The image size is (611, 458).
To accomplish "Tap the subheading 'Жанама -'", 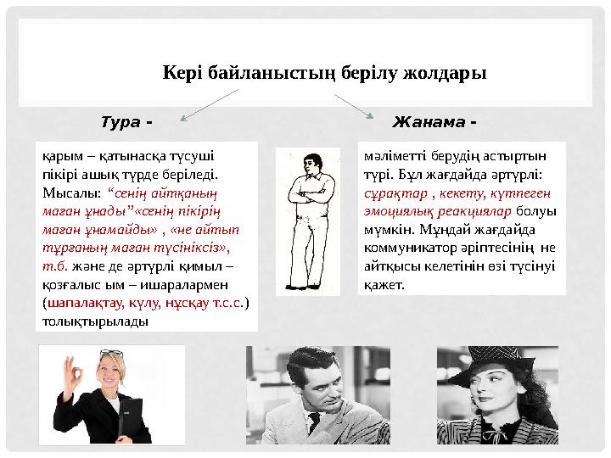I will (x=434, y=122).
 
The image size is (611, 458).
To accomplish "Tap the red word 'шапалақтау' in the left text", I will (x=84, y=301).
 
